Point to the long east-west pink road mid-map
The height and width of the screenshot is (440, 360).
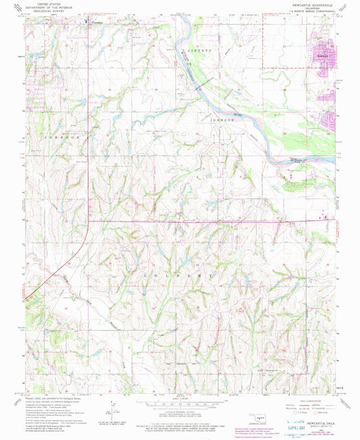203,221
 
